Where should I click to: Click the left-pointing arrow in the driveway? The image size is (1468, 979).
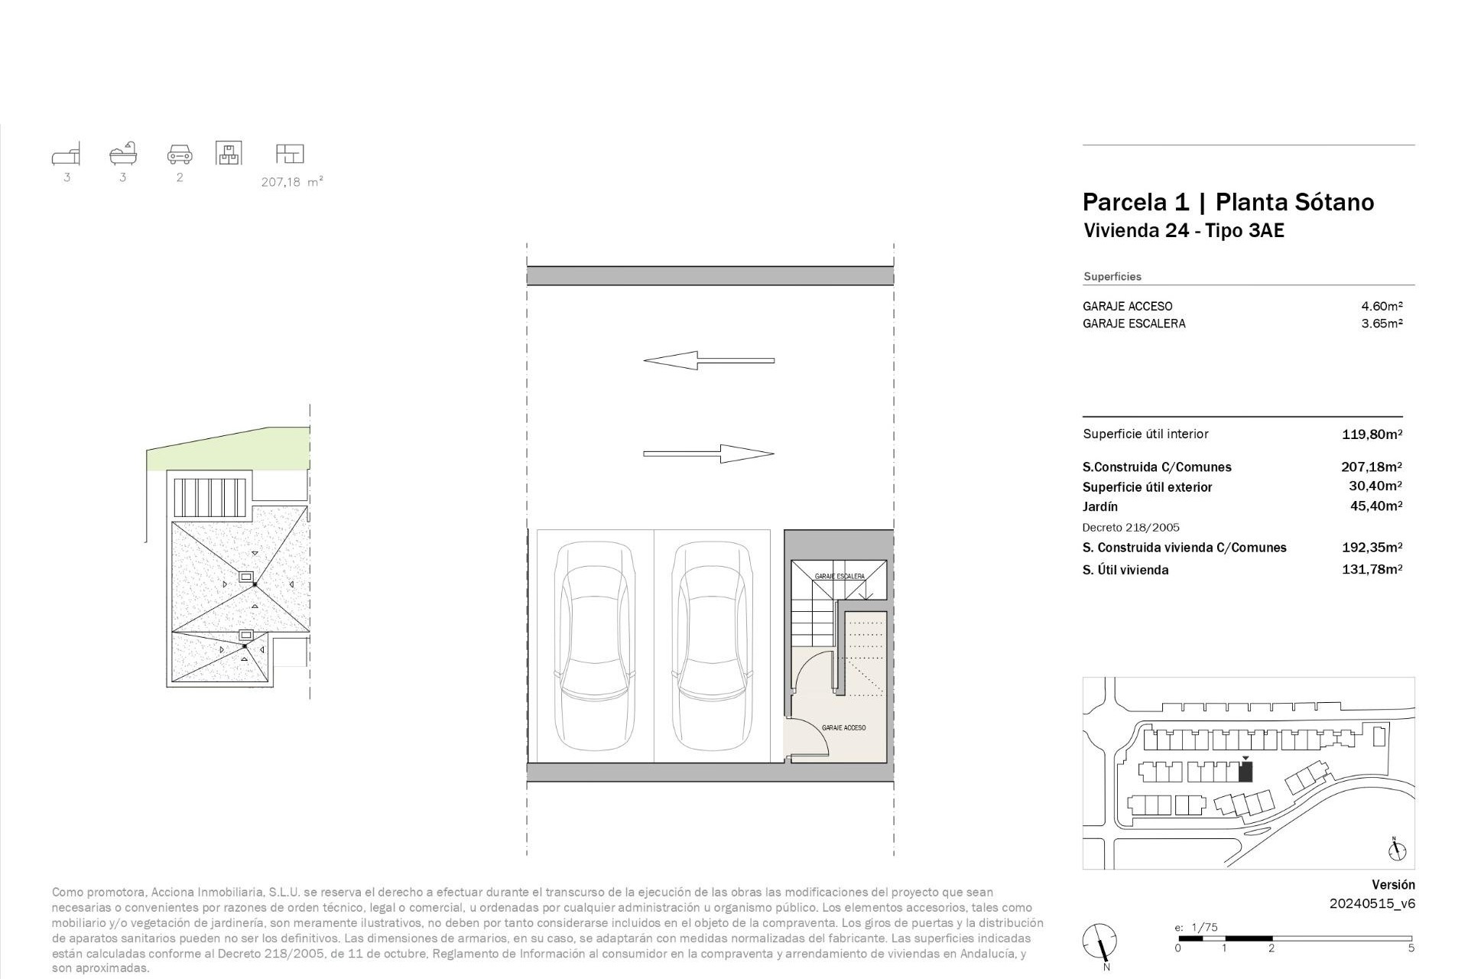coord(709,360)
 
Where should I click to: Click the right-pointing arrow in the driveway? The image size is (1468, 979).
coord(709,454)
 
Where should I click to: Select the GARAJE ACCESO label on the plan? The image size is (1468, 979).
coord(844,727)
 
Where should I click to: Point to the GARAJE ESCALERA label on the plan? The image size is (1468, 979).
coord(840,576)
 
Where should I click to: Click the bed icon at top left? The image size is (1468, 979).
coord(67,154)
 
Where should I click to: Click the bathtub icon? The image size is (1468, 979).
coord(123,154)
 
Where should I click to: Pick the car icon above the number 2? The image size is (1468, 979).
coord(180,154)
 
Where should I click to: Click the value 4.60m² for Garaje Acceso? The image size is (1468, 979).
coord(1382,306)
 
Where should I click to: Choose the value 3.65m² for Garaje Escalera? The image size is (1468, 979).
coord(1382,324)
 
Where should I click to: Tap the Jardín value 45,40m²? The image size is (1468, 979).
coord(1376,506)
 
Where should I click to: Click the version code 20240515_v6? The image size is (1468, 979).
coord(1372,903)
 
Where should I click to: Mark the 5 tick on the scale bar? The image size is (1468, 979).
coord(1411,948)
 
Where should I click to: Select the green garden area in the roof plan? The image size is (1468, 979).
coord(229,451)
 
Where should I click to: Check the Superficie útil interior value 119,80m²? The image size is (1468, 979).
coord(1372,434)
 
